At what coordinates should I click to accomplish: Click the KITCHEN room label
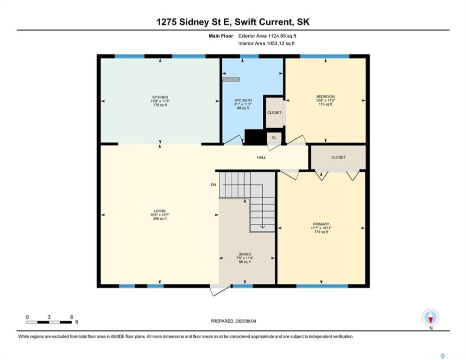160,97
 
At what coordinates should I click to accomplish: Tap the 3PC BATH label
243,100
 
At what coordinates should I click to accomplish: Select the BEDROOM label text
325,96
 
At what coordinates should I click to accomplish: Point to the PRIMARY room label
321,224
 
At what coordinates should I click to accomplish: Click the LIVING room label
160,211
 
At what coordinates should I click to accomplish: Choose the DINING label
245,254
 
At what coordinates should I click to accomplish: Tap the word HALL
261,157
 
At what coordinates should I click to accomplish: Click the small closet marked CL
274,137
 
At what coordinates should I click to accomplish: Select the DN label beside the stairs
213,184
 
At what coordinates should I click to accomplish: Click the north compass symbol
430,317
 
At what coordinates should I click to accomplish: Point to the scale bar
49,322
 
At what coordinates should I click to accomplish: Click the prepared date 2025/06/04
245,321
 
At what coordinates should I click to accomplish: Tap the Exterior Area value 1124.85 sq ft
282,36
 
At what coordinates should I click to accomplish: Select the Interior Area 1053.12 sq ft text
266,43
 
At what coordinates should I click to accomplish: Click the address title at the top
233,22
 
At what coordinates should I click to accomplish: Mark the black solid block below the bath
255,137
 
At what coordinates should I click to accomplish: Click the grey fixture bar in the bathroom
231,79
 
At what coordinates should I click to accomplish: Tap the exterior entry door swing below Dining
220,290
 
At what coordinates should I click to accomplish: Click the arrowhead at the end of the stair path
263,226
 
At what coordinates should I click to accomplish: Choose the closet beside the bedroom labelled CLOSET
274,113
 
